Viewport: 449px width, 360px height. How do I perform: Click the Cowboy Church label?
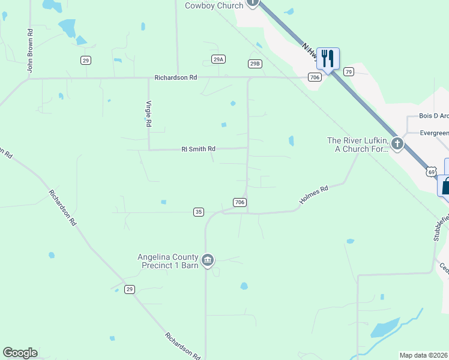click(x=214, y=5)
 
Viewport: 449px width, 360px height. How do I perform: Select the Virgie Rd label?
click(x=149, y=113)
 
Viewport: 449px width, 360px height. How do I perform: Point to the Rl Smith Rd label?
click(x=198, y=149)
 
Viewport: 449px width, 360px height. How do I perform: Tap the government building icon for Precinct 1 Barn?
click(x=208, y=260)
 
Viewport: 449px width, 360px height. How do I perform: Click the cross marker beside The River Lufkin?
click(x=397, y=143)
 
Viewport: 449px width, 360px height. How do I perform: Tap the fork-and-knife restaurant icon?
click(x=328, y=58)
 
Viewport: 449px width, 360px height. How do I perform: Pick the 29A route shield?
click(x=218, y=59)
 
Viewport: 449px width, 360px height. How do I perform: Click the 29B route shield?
click(x=255, y=63)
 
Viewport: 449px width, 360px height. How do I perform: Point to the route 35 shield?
click(x=199, y=212)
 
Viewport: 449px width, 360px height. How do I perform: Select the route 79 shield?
click(x=348, y=71)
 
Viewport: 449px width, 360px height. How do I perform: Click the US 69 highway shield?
click(x=431, y=172)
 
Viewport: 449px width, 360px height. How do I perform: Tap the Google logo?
click(x=20, y=353)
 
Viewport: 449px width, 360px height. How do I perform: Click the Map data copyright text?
click(x=424, y=355)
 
